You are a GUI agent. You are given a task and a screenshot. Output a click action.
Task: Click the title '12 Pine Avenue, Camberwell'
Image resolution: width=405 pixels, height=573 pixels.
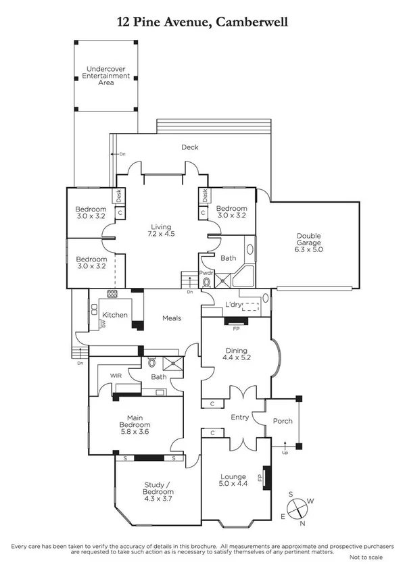pyautogui.click(x=202, y=22)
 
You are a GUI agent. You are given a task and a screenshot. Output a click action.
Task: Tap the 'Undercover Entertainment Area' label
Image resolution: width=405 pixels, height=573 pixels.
pyautogui.click(x=106, y=74)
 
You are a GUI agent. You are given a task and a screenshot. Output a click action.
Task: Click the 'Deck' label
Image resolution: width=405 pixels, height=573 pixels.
pyautogui.click(x=189, y=147)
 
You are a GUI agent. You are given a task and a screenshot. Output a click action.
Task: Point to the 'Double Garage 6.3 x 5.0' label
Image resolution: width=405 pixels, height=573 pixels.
pyautogui.click(x=309, y=243)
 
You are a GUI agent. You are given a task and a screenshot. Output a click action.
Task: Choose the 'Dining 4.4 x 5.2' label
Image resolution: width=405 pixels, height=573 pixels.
pyautogui.click(x=236, y=353)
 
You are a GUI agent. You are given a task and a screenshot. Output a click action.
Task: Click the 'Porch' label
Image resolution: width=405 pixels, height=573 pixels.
pyautogui.click(x=283, y=421)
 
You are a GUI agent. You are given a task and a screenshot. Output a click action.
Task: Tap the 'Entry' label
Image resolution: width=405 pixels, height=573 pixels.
pyautogui.click(x=239, y=418)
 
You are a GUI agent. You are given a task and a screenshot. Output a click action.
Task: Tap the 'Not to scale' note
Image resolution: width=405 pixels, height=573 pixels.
pyautogui.click(x=366, y=557)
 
